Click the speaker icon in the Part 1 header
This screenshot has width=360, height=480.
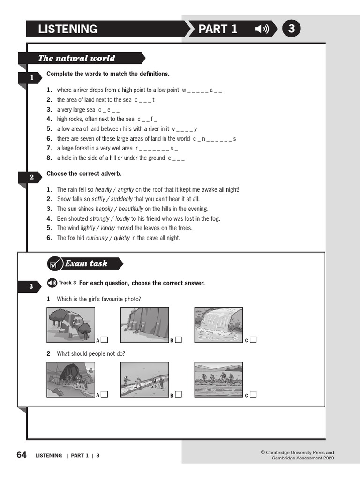pos(262,29)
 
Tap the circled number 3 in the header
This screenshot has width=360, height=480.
pos(292,29)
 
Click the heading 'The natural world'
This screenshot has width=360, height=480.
pos(76,58)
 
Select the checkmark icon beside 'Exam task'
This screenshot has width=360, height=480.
pos(54,264)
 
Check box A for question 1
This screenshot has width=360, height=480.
pos(104,340)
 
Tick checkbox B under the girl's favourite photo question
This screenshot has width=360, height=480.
pos(178,340)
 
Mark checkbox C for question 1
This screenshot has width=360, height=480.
pos(253,340)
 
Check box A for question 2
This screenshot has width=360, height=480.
pos(104,394)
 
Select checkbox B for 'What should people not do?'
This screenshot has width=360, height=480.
pos(178,394)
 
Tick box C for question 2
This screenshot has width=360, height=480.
pos(253,394)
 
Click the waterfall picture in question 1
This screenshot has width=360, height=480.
pos(218,325)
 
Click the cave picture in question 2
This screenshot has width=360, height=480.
pos(71,379)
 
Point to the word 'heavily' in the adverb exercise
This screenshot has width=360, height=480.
pos(105,189)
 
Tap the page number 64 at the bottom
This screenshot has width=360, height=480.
pos(22,455)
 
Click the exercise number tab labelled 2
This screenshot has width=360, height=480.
pos(32,177)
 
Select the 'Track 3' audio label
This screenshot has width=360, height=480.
pos(67,283)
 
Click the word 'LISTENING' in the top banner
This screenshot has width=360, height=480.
pos(67,29)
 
